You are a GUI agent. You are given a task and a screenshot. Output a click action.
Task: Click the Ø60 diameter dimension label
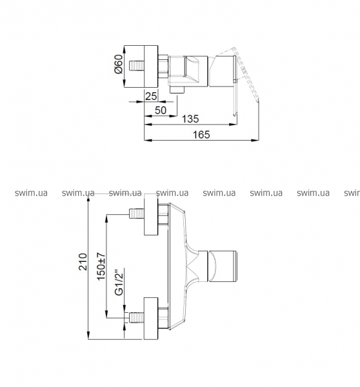pyautogui.click(x=119, y=64)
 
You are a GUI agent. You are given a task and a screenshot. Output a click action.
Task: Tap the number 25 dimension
pyautogui.click(x=151, y=96)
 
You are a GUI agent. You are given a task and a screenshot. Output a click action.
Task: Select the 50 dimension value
pyautogui.click(x=161, y=110)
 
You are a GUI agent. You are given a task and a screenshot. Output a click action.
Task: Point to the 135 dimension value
pyautogui.click(x=190, y=119)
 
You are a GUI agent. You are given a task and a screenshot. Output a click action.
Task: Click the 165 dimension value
pyautogui.click(x=201, y=135)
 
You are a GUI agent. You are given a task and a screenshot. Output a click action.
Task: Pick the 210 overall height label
pyautogui.click(x=83, y=262)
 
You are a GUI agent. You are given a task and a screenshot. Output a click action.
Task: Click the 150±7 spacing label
pyautogui.click(x=101, y=266)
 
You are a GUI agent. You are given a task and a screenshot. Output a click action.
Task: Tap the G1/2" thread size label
pyautogui.click(x=119, y=282)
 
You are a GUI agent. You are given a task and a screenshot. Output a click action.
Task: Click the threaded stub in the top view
pyautogui.click(x=137, y=66)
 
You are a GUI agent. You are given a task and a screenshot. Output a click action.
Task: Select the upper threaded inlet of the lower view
pyautogui.click(x=137, y=213)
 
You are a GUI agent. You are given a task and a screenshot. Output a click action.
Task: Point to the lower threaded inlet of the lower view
pyautogui.click(x=137, y=317)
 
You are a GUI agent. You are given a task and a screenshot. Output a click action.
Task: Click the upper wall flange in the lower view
pyautogui.click(x=151, y=215)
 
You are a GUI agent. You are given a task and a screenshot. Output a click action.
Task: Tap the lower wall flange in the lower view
pyautogui.click(x=151, y=319)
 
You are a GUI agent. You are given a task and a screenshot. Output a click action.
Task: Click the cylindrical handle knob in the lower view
pyautogui.click(x=223, y=266)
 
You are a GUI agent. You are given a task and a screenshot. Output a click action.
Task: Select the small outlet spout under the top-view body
pyautogui.click(x=177, y=90)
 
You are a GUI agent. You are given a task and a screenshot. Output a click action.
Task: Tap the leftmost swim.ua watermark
pyautogui.click(x=31, y=193)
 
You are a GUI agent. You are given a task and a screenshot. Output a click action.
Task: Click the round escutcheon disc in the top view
pyautogui.click(x=141, y=66)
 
